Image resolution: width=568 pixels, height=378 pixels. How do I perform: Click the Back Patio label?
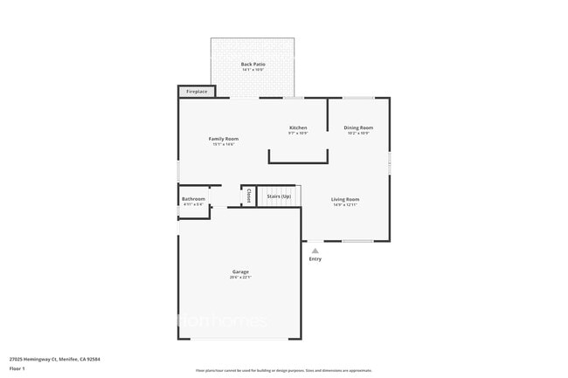253,64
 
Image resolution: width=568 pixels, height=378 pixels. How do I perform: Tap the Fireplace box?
197,91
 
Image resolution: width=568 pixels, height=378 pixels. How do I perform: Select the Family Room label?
224,139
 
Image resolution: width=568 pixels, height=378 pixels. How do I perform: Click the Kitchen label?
298,127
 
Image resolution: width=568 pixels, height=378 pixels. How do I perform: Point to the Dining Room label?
358,127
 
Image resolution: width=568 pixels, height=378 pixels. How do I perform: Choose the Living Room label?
345,199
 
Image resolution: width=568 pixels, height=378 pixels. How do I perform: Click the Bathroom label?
193,199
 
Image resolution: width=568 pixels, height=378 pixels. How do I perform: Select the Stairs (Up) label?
279,196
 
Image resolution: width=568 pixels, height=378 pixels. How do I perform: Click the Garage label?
240,271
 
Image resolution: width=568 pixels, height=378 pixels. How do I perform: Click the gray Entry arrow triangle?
315,251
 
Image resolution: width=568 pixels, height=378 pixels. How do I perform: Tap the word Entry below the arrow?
315,259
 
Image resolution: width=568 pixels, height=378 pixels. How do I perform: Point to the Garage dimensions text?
240,278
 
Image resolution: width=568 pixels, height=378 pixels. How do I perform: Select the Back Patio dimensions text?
253,70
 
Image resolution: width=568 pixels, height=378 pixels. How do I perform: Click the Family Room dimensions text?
224,144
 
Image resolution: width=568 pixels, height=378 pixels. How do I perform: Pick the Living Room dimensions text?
345,205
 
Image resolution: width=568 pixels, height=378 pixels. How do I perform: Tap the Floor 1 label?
17,368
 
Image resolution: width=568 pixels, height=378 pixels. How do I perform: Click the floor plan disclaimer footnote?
283,370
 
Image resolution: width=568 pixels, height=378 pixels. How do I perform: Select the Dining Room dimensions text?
358,134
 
